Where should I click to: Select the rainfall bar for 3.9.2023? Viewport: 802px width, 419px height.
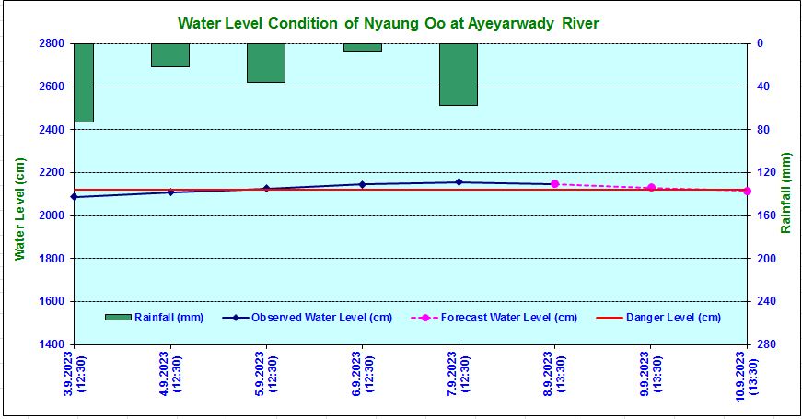(84, 83)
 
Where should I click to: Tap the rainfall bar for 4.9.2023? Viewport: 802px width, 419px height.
(170, 55)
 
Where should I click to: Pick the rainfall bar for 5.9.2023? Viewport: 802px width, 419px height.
(266, 63)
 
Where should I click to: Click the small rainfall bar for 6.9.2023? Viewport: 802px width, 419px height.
(363, 47)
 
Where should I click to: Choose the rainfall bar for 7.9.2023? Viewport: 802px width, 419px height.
(459, 75)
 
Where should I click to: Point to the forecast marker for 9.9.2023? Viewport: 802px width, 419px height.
(651, 188)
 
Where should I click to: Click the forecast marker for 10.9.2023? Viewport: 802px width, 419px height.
(747, 191)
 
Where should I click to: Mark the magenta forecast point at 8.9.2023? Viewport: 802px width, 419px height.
(554, 184)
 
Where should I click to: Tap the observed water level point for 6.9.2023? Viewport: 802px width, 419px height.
(363, 184)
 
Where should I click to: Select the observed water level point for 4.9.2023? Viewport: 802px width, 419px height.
(170, 192)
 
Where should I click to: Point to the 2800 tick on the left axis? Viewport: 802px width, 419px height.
(52, 43)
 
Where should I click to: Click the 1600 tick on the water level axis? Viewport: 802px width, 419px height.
(52, 301)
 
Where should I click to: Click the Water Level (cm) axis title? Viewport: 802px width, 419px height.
(19, 208)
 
